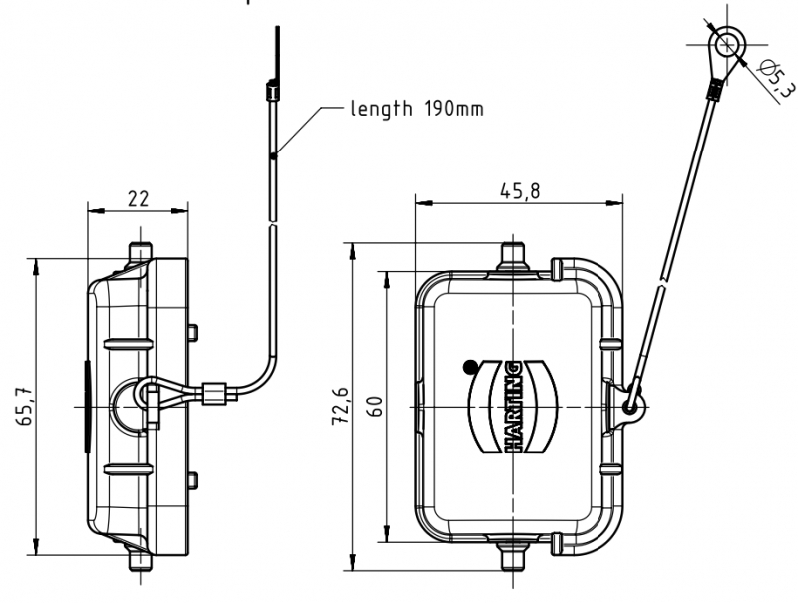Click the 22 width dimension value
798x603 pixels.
pos(138,199)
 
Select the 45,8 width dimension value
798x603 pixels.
pos(519,192)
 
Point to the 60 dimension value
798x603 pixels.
pos(376,407)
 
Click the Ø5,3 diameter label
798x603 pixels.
pos(777,79)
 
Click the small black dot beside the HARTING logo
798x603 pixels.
pos(469,367)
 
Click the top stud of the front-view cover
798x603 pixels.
pos(513,253)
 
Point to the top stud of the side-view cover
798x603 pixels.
pos(141,246)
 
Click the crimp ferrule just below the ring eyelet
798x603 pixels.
pos(712,92)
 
